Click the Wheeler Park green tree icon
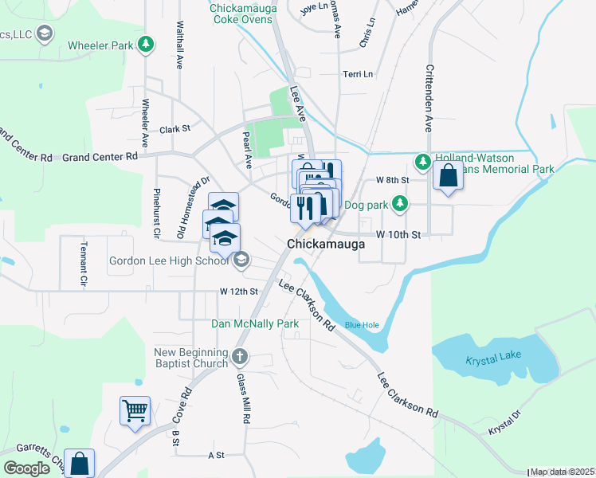145,46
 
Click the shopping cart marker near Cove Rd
135,411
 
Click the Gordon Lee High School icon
241,260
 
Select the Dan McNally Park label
254,323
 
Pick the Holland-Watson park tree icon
423,163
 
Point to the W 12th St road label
239,292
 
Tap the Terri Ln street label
358,74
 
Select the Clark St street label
175,128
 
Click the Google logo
26,468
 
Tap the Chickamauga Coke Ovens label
245,14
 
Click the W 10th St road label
397,234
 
